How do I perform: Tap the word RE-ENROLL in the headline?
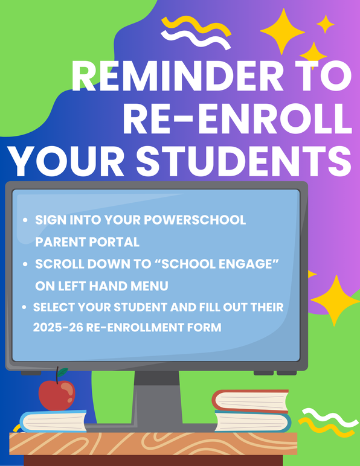pos(237,119)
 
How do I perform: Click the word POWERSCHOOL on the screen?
pos(194,220)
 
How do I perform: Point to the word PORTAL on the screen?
pos(114,242)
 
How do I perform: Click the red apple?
pos(57,395)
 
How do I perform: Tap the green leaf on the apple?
pos(63,372)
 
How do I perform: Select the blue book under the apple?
pos(54,421)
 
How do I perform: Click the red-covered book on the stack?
pos(250,401)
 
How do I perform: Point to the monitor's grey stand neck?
pos(157,398)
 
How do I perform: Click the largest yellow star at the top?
pos(283,31)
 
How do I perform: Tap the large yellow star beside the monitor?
pos(336,301)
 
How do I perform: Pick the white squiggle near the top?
pos(196,39)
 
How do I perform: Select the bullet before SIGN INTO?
pos(25,220)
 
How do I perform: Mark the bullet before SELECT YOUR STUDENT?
pos(24,307)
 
